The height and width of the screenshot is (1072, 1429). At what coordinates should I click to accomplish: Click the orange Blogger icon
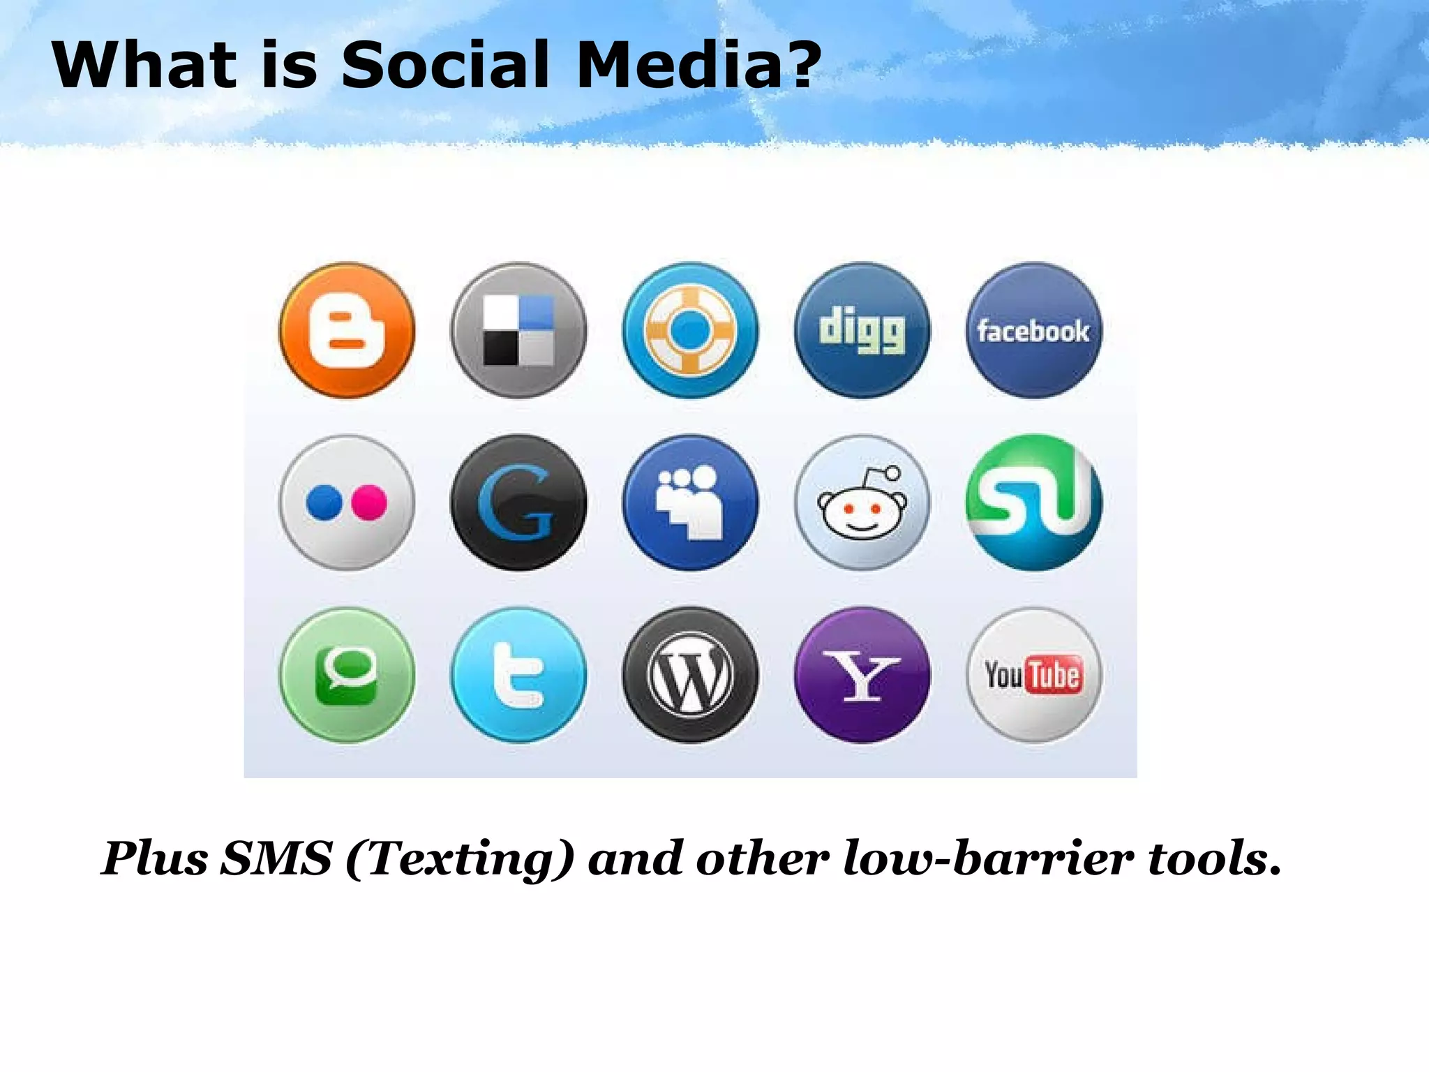(347, 330)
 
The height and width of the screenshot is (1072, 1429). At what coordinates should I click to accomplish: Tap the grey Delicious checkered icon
(518, 330)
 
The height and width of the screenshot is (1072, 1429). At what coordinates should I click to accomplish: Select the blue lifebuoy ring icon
(690, 330)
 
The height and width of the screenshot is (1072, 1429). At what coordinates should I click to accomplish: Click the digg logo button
(862, 330)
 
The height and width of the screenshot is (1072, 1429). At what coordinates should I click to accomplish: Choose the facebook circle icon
(1033, 330)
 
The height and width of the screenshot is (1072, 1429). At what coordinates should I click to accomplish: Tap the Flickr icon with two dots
(347, 502)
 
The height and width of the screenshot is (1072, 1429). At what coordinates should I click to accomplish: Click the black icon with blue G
(518, 502)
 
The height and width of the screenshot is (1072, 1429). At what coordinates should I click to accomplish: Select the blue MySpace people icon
(690, 502)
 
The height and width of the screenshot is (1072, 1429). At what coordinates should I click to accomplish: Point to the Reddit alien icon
(862, 502)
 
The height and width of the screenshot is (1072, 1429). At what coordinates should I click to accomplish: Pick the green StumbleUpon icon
(1033, 502)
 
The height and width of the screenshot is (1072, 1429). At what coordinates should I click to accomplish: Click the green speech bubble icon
(347, 675)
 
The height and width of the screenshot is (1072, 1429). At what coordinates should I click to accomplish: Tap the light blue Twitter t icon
(518, 675)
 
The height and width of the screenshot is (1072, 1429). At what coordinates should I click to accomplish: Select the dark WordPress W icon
(690, 675)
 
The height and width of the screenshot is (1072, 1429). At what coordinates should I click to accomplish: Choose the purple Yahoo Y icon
(862, 675)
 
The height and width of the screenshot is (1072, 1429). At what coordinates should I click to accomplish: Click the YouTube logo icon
(1033, 675)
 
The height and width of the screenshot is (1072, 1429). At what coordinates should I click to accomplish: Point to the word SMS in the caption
(276, 858)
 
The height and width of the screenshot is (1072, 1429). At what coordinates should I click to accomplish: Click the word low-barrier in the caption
(988, 858)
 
